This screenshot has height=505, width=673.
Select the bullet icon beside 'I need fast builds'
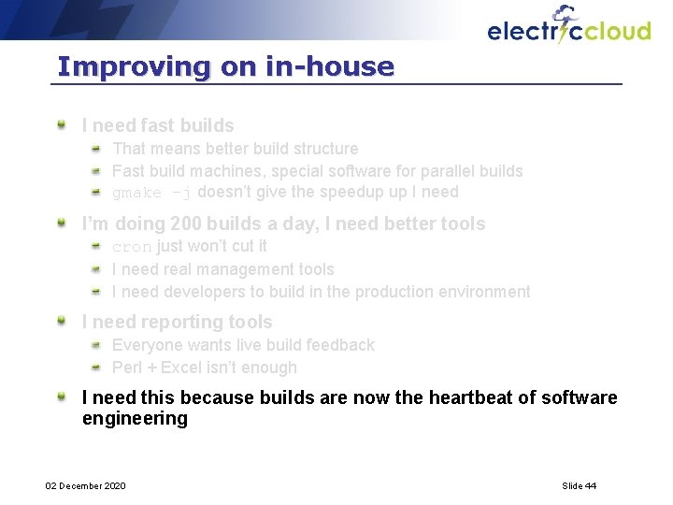(x=62, y=123)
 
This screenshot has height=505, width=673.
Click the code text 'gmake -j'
(x=152, y=193)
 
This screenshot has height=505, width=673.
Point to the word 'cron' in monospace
(x=132, y=247)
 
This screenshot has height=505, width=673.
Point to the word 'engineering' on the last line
(x=135, y=419)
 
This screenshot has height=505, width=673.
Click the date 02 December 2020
(x=86, y=485)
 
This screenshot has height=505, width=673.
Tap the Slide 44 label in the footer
(x=579, y=485)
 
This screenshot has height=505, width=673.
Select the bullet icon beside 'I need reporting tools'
(x=62, y=321)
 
